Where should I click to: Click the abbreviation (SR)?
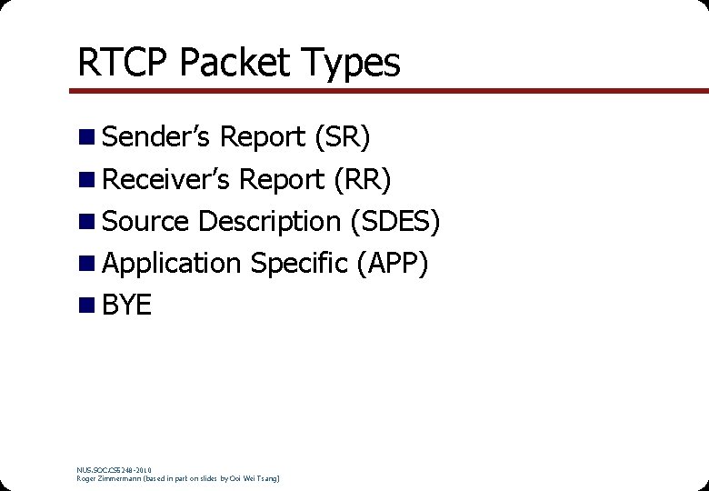[342, 137]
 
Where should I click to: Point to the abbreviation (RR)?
[363, 179]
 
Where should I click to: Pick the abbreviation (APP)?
[392, 263]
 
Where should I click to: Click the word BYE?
[127, 306]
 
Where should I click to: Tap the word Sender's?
[156, 137]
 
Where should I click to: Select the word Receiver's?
[166, 179]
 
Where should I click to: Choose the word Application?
[173, 264]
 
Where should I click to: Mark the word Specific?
[299, 264]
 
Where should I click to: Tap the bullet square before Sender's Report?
[86, 137]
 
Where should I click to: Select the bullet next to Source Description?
[86, 221]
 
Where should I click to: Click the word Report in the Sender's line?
[263, 137]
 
